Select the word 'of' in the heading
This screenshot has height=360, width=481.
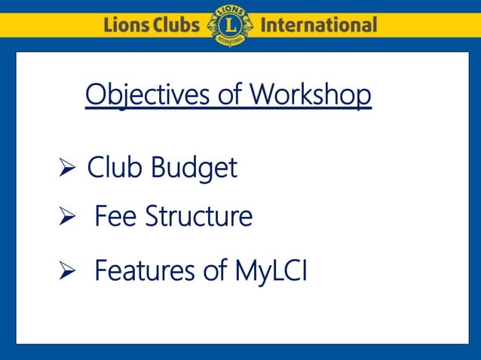[229, 96]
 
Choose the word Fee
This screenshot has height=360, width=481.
[116, 217]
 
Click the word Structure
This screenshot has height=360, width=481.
[198, 217]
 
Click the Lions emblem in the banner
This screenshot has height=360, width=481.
[229, 25]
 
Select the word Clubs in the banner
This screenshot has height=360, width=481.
[176, 25]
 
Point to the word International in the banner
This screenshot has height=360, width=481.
[317, 25]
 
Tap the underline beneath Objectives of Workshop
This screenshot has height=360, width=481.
[228, 109]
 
